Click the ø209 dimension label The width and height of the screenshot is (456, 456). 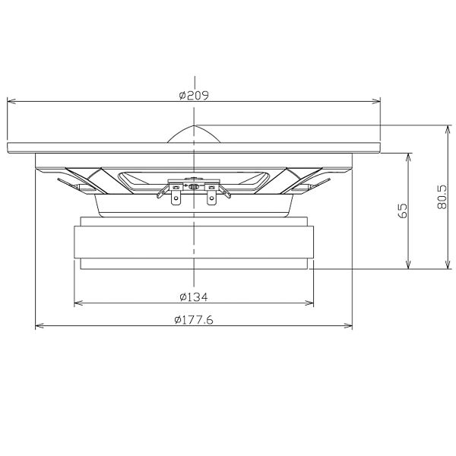[x=194, y=95]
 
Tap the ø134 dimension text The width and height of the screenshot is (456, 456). [x=194, y=297]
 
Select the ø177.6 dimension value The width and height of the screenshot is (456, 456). [x=194, y=320]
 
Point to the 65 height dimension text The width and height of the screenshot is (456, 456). [x=402, y=211]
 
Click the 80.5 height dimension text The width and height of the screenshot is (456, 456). [x=442, y=197]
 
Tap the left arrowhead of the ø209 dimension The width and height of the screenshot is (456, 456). [x=11, y=101]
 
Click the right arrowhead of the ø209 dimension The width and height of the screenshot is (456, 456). [x=376, y=101]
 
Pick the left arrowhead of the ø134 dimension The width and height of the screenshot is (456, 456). [x=78, y=303]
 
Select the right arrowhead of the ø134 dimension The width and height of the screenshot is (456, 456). [x=309, y=303]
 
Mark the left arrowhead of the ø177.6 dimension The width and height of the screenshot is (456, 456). [x=40, y=326]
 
